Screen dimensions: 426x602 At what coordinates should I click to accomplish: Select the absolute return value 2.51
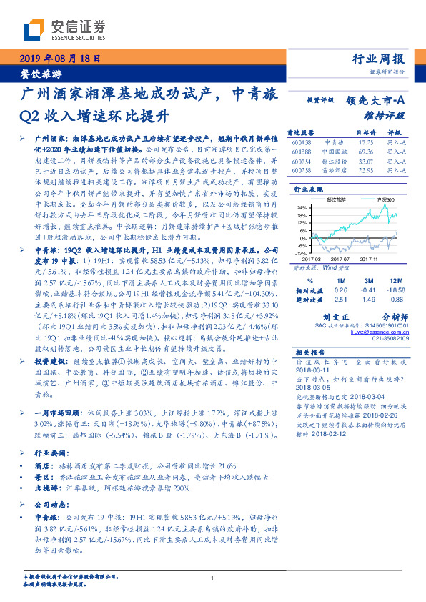pos(340,279)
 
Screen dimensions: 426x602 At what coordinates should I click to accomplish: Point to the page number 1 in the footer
pos(213,578)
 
